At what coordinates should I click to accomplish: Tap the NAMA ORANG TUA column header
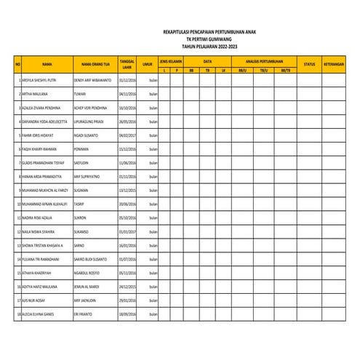[95, 64]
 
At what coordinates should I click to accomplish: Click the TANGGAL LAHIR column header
[127, 64]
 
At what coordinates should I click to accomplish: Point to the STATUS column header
[308, 64]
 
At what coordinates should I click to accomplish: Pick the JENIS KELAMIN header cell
[170, 61]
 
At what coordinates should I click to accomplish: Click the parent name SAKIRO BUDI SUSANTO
[90, 257]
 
